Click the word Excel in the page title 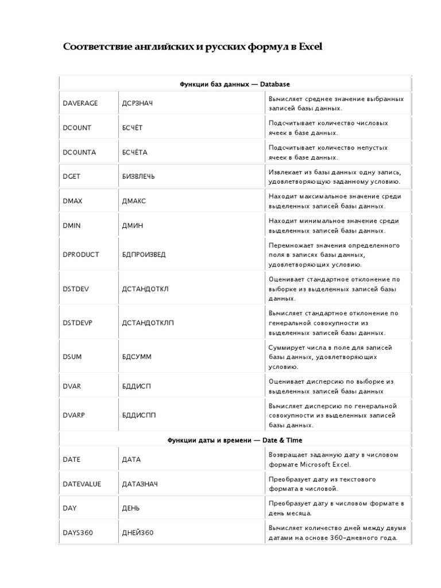[310, 47]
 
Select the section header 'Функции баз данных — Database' [235, 84]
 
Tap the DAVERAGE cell [80, 103]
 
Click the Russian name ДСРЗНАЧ [138, 103]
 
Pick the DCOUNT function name [77, 127]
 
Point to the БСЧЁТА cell [135, 152]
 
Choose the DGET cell [72, 176]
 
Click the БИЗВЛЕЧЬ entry [138, 176]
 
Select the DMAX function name [72, 201]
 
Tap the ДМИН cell [133, 226]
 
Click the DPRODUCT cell [81, 254]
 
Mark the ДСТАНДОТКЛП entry [148, 323]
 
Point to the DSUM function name [72, 357]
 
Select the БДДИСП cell [137, 386]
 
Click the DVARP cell [74, 415]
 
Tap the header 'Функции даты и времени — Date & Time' [235, 440]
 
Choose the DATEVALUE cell [82, 484]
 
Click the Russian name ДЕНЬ [131, 508]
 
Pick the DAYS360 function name [78, 533]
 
